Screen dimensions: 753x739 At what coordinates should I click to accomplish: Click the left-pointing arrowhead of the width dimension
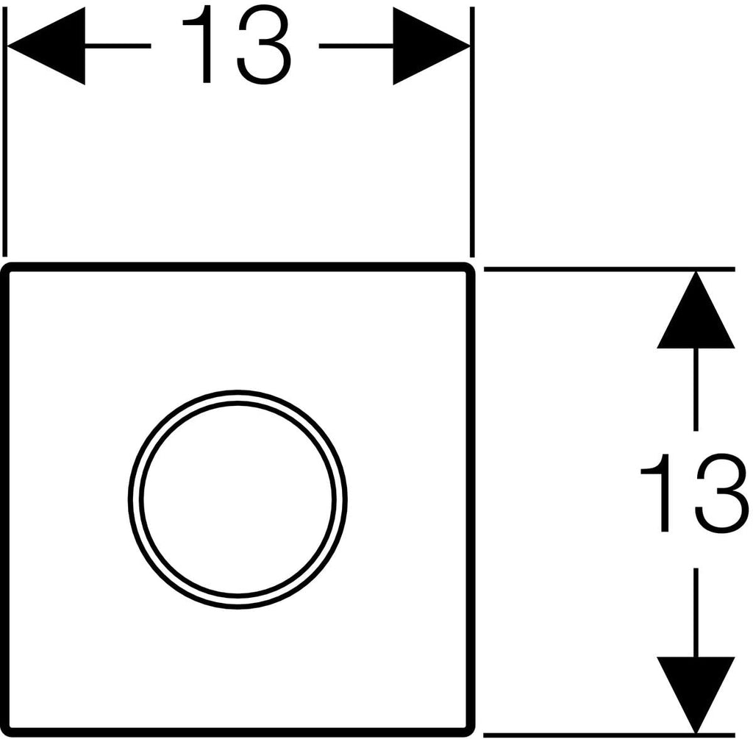[46, 46]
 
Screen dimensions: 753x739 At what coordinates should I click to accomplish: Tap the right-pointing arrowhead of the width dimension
[432, 46]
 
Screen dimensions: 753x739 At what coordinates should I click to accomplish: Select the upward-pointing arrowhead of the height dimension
[696, 310]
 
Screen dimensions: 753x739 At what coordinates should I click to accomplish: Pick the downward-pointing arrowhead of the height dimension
[696, 696]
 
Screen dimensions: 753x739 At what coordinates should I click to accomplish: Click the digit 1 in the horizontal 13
[201, 45]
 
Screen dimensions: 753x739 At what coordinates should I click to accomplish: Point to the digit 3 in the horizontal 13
[264, 45]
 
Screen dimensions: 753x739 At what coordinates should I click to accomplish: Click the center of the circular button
[238, 499]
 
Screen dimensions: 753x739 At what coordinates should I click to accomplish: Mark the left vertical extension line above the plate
[5, 132]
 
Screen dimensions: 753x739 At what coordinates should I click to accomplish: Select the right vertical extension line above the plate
[472, 132]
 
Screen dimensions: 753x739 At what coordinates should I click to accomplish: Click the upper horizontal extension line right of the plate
[610, 269]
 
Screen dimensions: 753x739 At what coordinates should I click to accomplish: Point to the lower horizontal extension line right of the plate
[610, 735]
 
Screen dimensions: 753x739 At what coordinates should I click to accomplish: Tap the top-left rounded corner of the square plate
[7, 267]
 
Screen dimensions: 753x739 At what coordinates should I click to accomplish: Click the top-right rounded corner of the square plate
[471, 267]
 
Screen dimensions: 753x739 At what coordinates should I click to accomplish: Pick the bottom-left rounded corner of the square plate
[7, 732]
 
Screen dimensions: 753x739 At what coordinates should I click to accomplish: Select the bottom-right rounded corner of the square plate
[471, 732]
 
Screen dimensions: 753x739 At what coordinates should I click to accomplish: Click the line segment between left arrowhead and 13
[118, 46]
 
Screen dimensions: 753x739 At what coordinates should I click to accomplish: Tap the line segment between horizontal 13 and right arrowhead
[357, 46]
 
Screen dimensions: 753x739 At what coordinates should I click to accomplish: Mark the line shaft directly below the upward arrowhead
[696, 390]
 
